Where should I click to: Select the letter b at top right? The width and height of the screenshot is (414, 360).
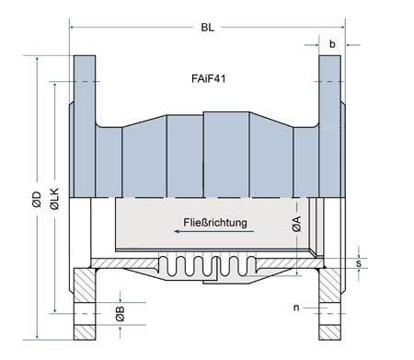[332, 42]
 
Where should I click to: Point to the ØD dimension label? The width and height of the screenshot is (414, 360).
[36, 199]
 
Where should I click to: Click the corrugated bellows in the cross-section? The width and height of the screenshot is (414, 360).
[206, 268]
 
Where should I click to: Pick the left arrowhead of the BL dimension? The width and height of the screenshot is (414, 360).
[74, 28]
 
